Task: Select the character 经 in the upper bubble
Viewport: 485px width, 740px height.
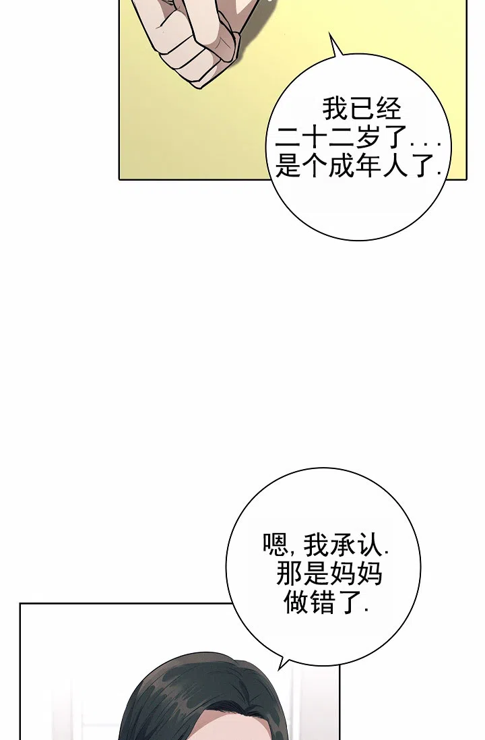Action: coord(388,109)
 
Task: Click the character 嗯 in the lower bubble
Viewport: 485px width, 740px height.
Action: coord(276,545)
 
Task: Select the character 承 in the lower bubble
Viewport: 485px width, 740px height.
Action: coord(341,545)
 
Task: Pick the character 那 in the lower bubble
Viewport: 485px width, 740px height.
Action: coord(289,574)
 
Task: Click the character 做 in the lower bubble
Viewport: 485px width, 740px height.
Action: coord(296,602)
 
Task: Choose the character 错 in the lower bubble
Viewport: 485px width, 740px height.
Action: coord(323,602)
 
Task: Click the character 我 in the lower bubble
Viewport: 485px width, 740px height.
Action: coord(315,545)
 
